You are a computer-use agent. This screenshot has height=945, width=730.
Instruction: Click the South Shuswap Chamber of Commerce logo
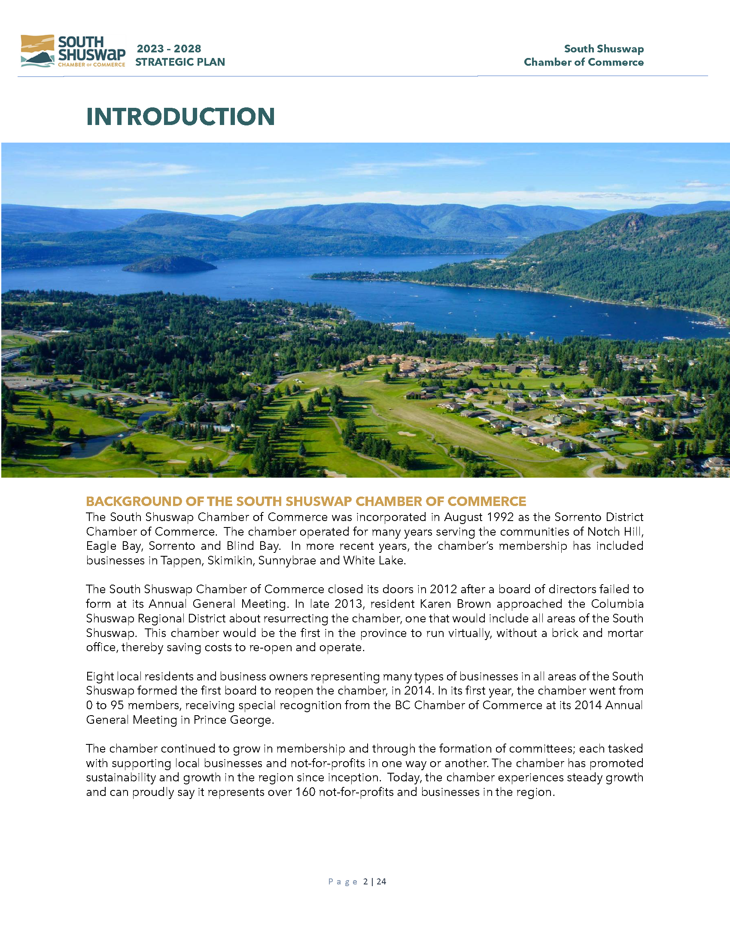(x=73, y=51)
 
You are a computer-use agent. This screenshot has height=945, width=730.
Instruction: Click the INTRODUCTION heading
(x=180, y=117)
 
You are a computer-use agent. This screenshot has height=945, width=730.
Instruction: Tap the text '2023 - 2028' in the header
(x=169, y=49)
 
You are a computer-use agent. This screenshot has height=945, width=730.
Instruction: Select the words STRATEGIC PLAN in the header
(x=180, y=62)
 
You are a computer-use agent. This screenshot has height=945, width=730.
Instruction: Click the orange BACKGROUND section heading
(x=306, y=501)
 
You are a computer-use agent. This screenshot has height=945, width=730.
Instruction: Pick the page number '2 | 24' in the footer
(x=374, y=881)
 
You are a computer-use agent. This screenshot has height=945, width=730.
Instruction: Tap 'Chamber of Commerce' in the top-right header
(x=584, y=62)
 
